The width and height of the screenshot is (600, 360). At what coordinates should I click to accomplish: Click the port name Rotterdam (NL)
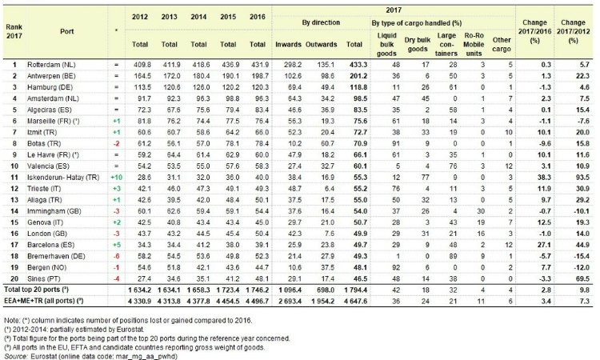coord(51,65)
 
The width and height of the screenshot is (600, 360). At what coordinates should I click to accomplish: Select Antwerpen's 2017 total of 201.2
coord(358,76)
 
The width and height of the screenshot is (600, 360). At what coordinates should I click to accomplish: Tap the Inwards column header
coord(288,44)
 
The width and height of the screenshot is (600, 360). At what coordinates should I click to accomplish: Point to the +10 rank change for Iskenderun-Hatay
coord(116,177)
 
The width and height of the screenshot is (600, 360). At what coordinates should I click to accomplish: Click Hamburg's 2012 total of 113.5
coord(140,87)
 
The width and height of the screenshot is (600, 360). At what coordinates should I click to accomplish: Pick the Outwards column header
coord(321,44)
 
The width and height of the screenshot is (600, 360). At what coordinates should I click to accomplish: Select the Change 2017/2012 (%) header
coord(573,31)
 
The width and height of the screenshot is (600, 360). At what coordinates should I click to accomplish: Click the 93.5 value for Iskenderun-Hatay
coord(582,177)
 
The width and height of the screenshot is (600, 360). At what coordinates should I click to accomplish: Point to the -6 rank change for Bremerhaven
coord(116,256)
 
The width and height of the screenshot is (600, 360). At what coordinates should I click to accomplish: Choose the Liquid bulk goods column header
coord(386,44)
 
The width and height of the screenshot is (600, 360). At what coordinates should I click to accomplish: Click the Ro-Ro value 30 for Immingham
coord(481,210)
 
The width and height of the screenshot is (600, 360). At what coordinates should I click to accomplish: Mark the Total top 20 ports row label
coord(37,290)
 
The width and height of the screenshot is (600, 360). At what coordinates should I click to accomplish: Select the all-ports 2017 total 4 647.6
coord(355,301)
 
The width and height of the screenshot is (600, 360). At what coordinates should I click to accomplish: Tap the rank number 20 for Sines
coord(14,278)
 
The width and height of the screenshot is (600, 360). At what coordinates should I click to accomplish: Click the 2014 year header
coord(198,17)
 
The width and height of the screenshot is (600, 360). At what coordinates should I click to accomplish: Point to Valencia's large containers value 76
coord(453,166)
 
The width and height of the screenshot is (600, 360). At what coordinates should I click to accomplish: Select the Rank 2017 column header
coord(14,31)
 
